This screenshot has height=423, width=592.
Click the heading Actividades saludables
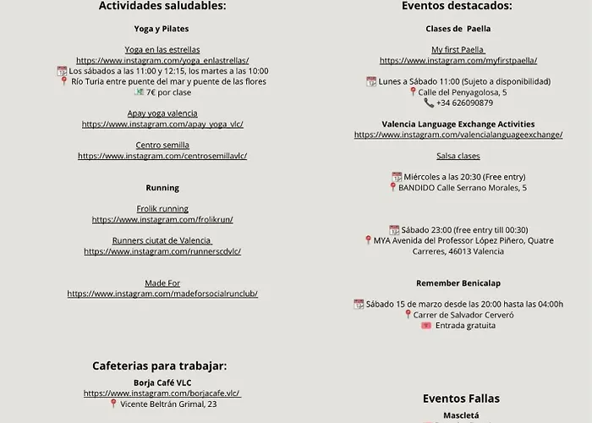click(162, 6)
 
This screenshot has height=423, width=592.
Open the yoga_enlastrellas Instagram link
click(162, 61)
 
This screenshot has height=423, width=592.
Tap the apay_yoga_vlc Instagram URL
click(162, 124)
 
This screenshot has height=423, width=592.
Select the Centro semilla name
click(162, 146)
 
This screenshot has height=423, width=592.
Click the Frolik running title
click(162, 209)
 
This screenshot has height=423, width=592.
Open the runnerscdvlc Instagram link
click(162, 251)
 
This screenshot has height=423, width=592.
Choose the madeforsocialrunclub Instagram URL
click(162, 294)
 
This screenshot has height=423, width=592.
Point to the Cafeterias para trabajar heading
click(160, 366)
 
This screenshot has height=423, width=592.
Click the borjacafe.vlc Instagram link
click(162, 393)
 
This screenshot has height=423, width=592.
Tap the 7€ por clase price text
click(169, 92)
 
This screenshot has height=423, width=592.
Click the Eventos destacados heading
click(458, 6)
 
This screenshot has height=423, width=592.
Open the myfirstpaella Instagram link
click(458, 61)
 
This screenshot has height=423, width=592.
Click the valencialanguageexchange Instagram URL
click(458, 135)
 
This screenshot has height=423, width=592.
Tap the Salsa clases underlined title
click(458, 156)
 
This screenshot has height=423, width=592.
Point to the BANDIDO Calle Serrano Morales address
click(463, 188)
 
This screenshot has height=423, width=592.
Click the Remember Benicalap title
click(458, 283)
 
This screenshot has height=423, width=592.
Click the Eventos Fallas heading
click(461, 398)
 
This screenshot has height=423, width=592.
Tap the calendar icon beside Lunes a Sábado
click(371, 82)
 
